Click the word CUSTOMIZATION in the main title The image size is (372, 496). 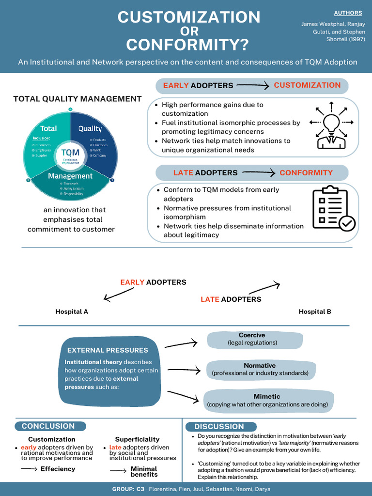click(x=189, y=17)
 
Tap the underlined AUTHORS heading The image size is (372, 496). click(x=348, y=13)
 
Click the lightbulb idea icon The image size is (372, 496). click(x=331, y=125)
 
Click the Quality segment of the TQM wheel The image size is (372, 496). click(x=91, y=129)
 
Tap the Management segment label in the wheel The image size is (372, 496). click(x=70, y=176)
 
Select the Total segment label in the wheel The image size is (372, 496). click(x=48, y=129)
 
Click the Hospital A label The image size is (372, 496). click(x=72, y=311)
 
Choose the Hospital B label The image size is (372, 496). click(x=315, y=311)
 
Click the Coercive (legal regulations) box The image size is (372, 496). click(x=252, y=339)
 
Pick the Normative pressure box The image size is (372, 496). click(x=260, y=370)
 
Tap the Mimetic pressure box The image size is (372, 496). click(x=267, y=400)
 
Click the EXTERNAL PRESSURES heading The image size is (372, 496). click(x=108, y=350)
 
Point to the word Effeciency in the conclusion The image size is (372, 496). click(x=58, y=469)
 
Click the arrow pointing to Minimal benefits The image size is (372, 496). click(x=118, y=471)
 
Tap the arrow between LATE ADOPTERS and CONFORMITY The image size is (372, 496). click(x=259, y=172)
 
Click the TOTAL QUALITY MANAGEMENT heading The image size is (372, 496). click(x=77, y=99)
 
